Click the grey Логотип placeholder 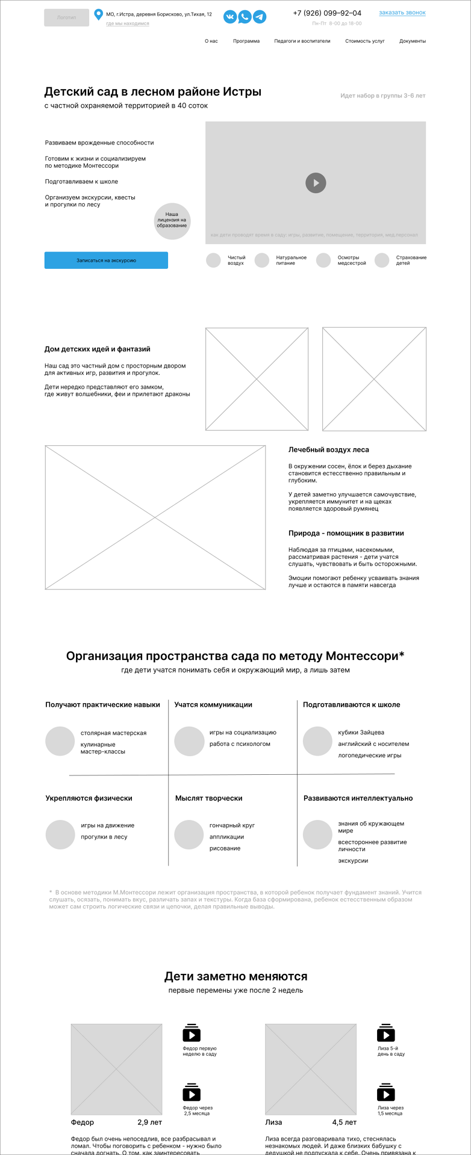tap(66, 17)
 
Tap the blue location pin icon tap(99, 14)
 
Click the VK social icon tap(230, 17)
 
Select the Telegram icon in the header tap(260, 17)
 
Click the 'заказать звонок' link tap(402, 13)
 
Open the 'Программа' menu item tap(246, 42)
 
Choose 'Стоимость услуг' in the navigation tap(365, 42)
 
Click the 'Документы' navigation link tap(413, 42)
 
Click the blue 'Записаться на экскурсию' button tap(106, 260)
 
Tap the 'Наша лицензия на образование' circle tap(172, 221)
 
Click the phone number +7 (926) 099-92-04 tap(327, 13)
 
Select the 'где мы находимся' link tap(128, 24)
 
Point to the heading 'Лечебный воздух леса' tap(329, 450)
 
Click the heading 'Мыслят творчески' tap(209, 798)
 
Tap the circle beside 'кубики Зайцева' tap(317, 741)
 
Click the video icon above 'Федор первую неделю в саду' tap(192, 1033)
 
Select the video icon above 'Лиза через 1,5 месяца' tap(386, 1093)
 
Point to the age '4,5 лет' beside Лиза tap(345, 1123)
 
